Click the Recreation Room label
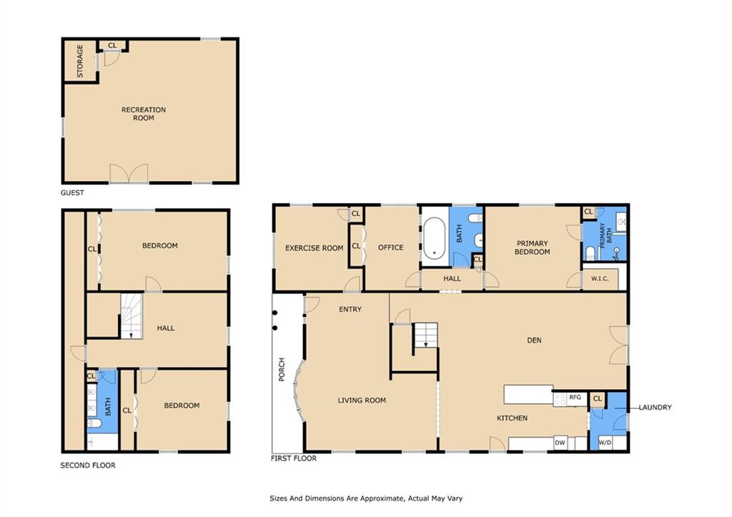143,114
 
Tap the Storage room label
80,61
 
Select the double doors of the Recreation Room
129,173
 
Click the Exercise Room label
315,248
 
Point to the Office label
391,247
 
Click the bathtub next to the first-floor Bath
435,238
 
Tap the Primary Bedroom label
532,247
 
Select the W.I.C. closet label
600,278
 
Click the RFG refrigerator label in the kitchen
575,397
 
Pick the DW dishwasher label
560,443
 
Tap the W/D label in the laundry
605,443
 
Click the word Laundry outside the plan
655,408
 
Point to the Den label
534,340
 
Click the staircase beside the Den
425,335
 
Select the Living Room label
362,400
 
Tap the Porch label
282,370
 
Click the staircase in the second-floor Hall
132,316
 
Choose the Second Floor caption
88,466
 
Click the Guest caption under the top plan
72,192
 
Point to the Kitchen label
512,418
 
